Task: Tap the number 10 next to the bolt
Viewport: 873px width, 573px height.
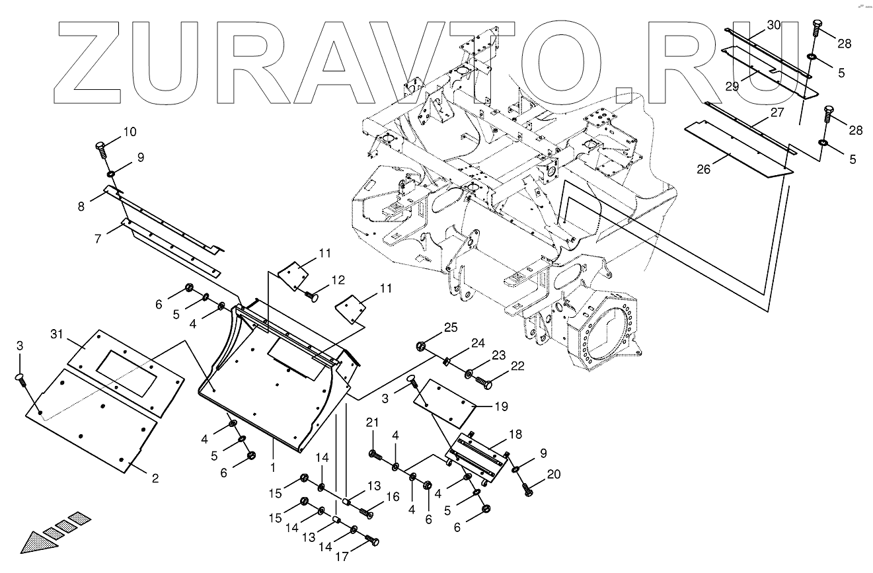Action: tap(129, 132)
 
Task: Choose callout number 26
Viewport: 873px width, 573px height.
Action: tap(703, 169)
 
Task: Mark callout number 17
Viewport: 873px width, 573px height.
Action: tap(342, 556)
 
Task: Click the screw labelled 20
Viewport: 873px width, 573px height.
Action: tap(527, 490)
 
